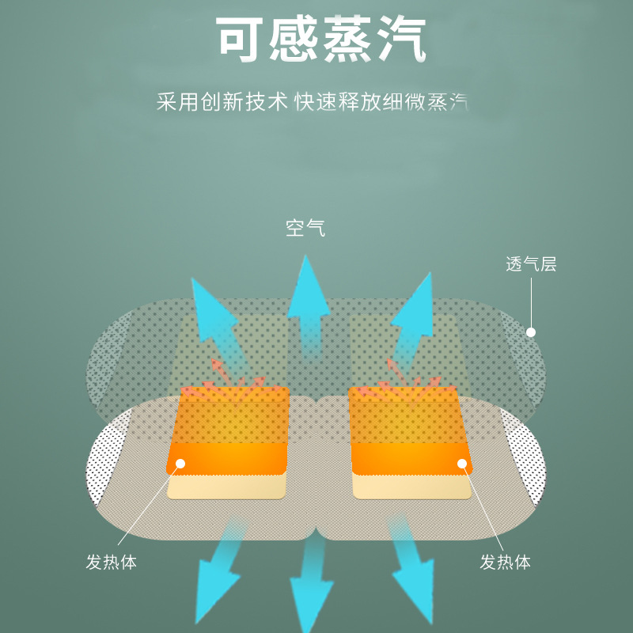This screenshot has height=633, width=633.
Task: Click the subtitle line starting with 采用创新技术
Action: tap(312, 103)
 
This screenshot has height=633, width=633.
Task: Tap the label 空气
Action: tap(305, 229)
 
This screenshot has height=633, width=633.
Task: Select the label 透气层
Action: tap(531, 264)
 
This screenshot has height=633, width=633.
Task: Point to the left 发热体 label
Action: tap(112, 563)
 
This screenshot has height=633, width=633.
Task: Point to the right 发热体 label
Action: tap(505, 563)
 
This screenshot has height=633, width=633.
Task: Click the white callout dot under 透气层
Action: tap(531, 332)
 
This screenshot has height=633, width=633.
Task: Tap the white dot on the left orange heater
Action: tap(180, 464)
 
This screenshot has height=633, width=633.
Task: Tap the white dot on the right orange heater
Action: tap(462, 464)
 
